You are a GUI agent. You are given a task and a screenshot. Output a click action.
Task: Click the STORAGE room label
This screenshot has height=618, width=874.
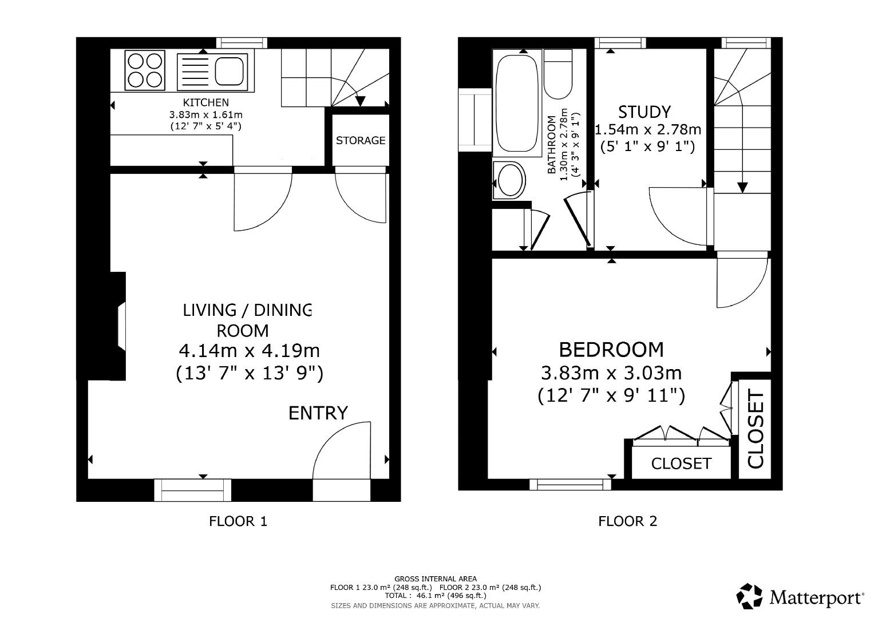click(360, 140)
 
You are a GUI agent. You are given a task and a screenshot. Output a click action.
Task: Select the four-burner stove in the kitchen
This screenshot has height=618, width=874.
click(145, 70)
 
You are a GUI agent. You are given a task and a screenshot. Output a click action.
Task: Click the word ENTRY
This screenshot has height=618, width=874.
click(318, 413)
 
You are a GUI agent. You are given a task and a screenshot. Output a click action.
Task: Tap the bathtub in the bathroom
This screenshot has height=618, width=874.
click(516, 102)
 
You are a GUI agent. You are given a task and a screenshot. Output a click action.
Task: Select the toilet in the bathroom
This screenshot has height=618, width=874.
click(557, 74)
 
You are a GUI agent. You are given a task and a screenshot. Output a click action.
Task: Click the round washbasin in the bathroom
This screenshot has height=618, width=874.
click(509, 181)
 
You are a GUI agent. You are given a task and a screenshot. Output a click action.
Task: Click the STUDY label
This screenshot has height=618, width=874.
click(644, 111)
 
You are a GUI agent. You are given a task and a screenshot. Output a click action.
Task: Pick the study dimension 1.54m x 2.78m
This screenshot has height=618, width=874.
click(648, 130)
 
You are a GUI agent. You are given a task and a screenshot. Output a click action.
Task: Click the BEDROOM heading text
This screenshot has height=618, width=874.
click(611, 349)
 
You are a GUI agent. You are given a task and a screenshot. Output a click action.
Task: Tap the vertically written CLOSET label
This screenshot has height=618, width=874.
click(756, 429)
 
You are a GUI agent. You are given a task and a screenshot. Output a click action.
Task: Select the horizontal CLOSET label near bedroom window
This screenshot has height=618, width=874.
click(681, 463)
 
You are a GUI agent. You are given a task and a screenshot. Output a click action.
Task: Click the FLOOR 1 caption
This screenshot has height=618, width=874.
click(238, 521)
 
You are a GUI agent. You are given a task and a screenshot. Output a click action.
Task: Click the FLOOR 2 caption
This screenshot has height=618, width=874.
click(627, 521)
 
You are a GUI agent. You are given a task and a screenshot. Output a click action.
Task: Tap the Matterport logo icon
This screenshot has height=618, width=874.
click(750, 596)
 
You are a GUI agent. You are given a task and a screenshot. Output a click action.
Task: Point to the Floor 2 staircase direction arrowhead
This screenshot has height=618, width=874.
click(742, 187)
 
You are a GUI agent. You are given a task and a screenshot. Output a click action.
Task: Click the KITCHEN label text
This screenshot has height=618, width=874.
click(205, 102)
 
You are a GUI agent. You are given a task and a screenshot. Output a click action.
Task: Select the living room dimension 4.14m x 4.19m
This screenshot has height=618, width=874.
click(249, 350)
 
